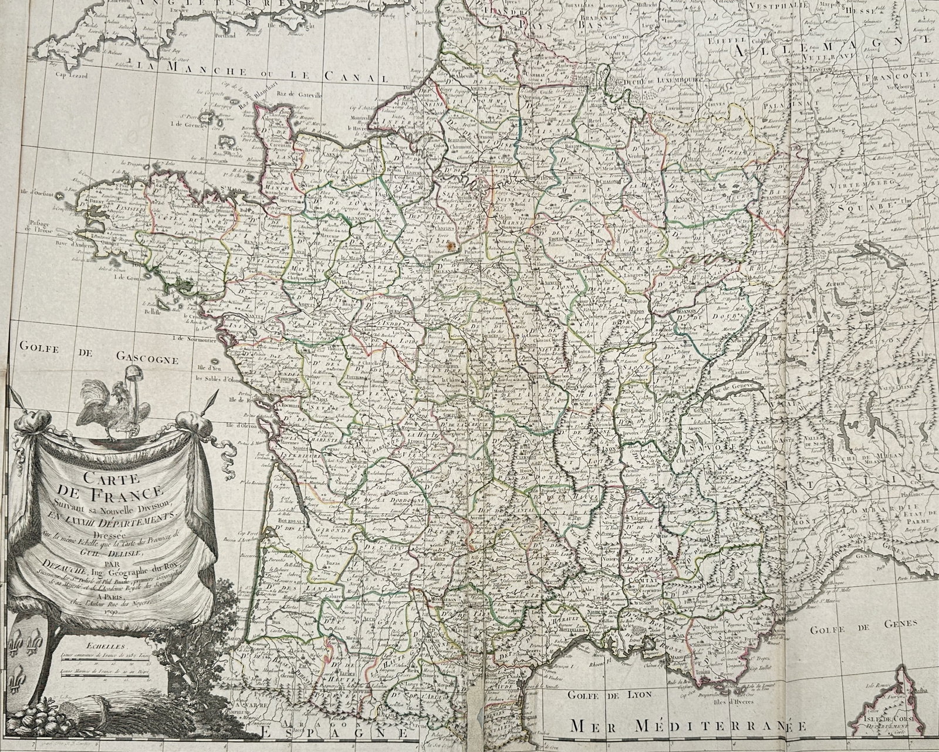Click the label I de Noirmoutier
[201, 338]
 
